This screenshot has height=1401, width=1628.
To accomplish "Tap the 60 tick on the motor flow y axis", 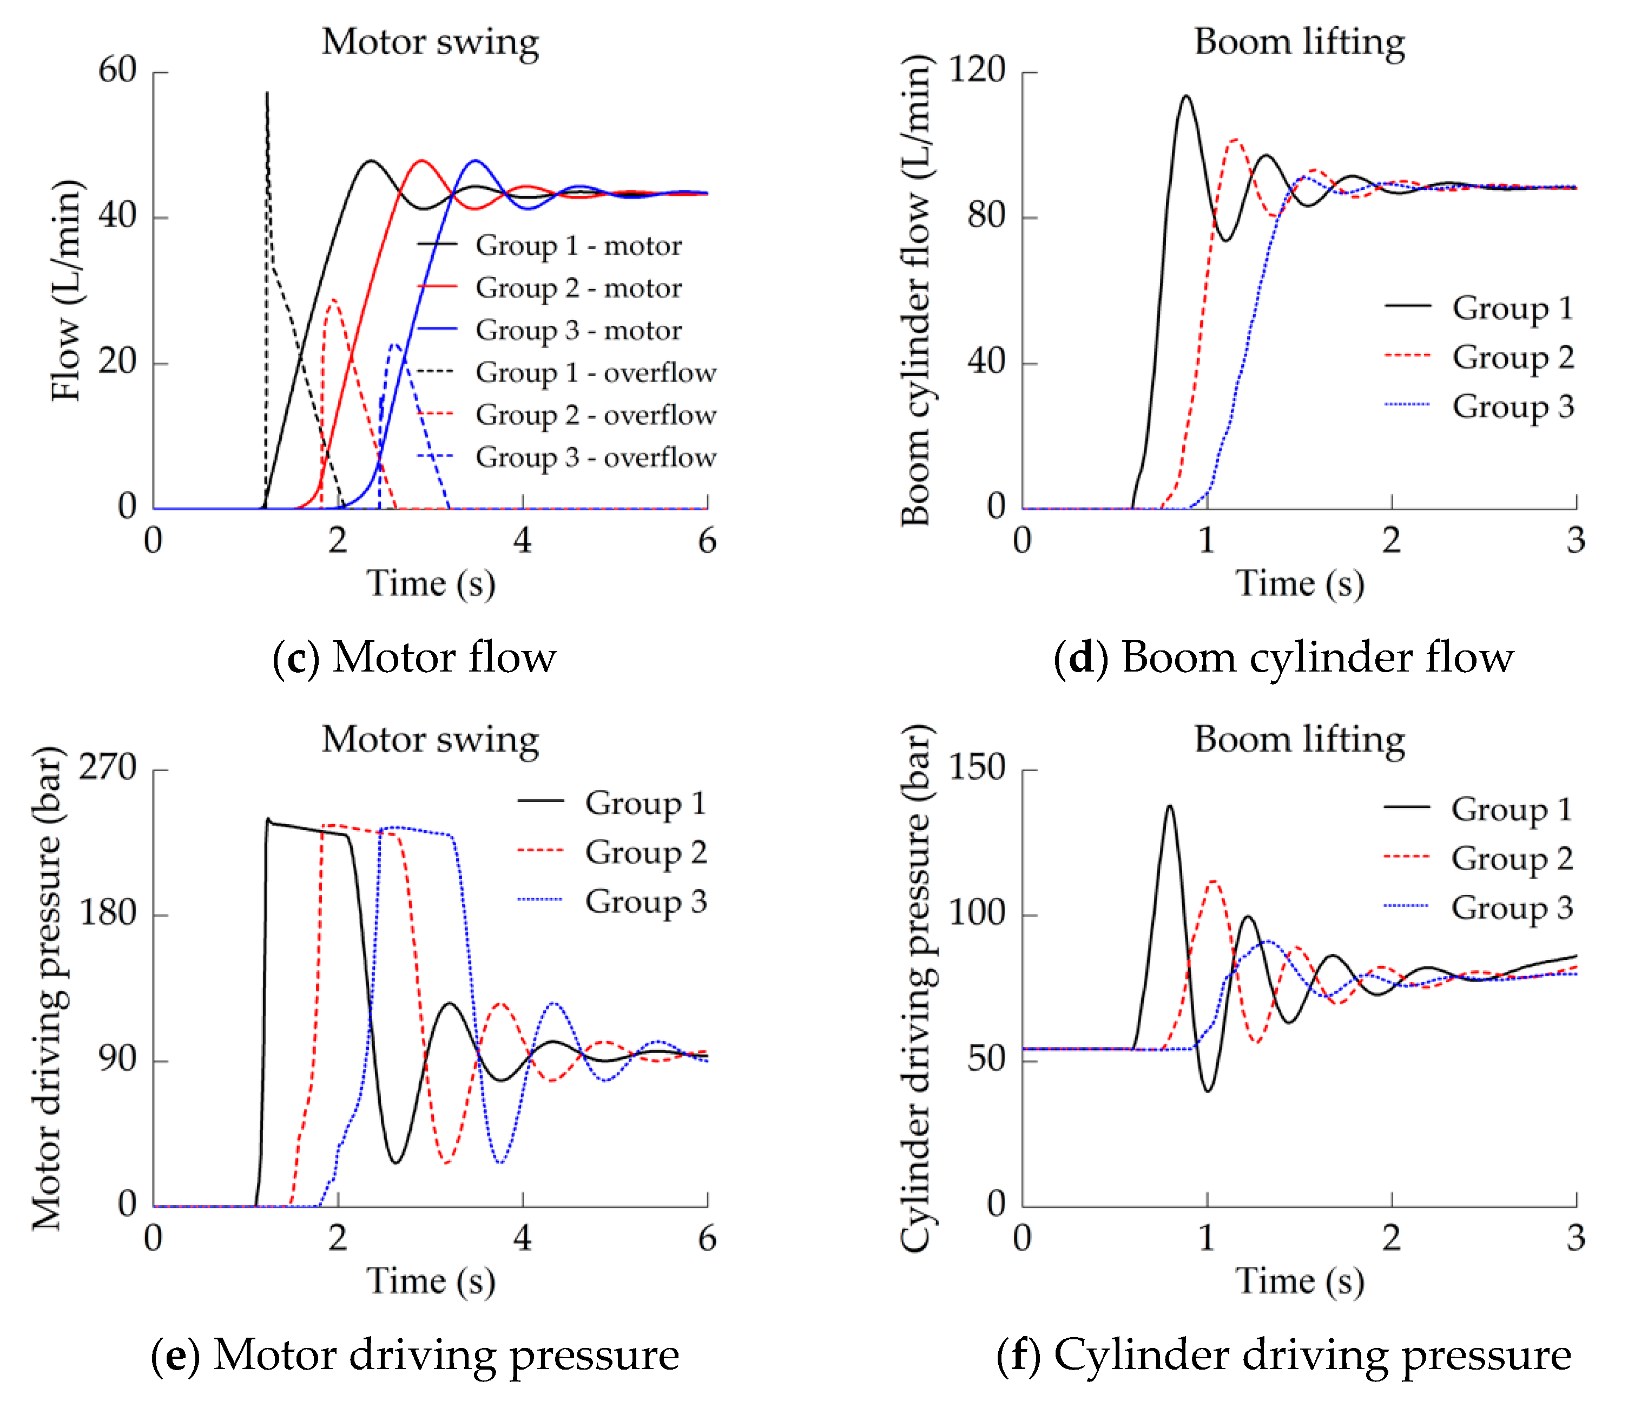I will click(x=118, y=71).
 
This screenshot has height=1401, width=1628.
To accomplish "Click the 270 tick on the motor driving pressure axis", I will click(x=108, y=768).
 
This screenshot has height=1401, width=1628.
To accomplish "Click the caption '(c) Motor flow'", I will click(x=414, y=657).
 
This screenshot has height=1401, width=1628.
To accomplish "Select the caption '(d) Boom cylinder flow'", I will click(x=1283, y=657).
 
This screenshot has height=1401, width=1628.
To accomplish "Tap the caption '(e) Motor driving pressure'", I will click(x=414, y=1354).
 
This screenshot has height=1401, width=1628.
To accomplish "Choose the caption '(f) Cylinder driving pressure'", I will click(x=1283, y=1354).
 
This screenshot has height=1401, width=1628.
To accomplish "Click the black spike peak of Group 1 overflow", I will click(x=267, y=93).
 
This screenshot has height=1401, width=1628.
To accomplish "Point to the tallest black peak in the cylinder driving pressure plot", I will click(x=1170, y=806).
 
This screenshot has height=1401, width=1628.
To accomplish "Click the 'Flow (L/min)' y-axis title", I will click(x=66, y=291).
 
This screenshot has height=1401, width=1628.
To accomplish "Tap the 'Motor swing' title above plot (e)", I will click(x=430, y=739).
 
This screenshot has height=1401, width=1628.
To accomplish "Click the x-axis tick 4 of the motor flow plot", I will click(x=523, y=541).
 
